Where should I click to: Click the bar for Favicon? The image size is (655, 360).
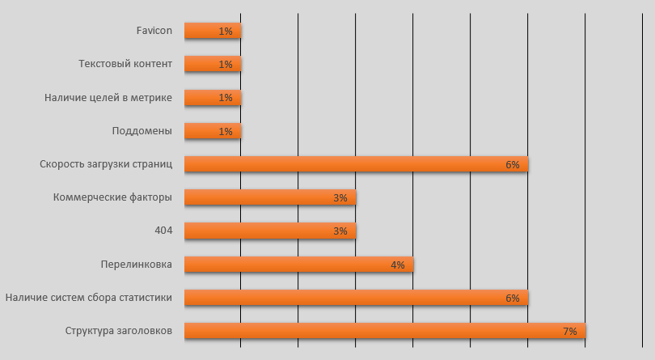click(x=212, y=31)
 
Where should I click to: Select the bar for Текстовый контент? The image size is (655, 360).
click(x=212, y=64)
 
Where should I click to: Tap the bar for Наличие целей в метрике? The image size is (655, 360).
click(x=212, y=97)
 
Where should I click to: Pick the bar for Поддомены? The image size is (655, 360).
click(x=212, y=131)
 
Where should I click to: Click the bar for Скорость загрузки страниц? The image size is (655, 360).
click(x=356, y=164)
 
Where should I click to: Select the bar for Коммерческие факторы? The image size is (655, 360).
click(x=269, y=197)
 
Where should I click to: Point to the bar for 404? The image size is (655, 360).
click(x=269, y=231)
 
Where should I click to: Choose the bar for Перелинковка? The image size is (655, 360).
click(x=298, y=264)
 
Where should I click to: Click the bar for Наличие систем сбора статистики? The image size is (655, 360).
click(x=356, y=297)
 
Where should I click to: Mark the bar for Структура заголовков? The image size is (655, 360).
click(x=384, y=330)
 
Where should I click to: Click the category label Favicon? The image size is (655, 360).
click(x=154, y=31)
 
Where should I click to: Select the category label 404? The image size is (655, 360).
click(x=163, y=231)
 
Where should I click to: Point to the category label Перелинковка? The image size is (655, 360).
click(x=136, y=264)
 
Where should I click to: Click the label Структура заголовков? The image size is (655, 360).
click(x=118, y=330)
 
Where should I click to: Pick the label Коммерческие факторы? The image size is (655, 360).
click(x=112, y=197)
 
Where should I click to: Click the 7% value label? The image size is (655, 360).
click(x=569, y=331)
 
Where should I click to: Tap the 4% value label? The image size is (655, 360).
click(x=397, y=265)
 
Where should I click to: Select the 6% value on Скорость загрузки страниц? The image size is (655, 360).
click(x=512, y=165)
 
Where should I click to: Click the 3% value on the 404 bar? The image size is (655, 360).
click(x=340, y=231)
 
